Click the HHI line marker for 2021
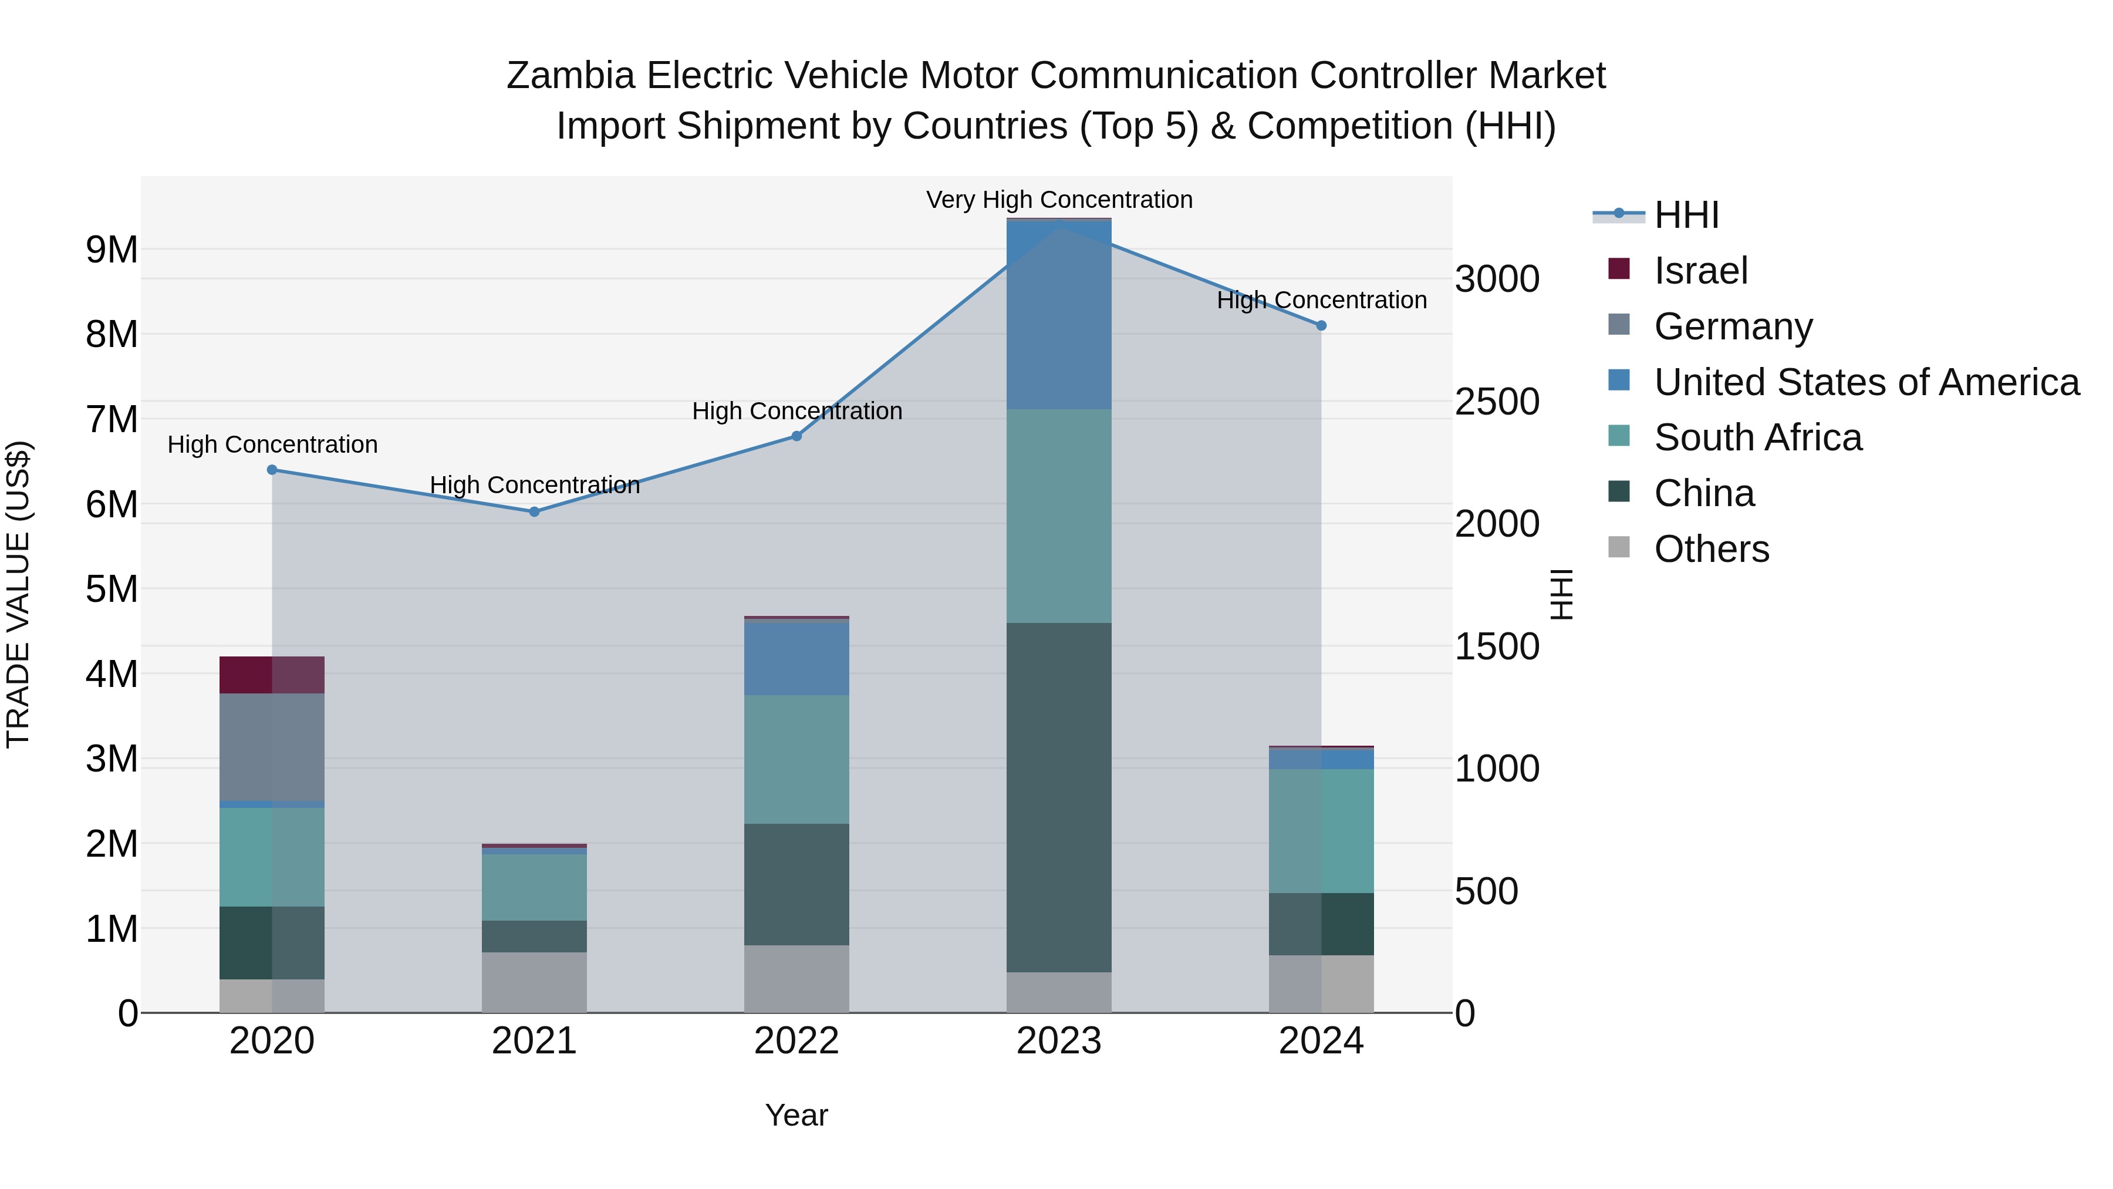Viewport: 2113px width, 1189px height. click(x=534, y=511)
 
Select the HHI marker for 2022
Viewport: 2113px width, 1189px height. click(x=796, y=436)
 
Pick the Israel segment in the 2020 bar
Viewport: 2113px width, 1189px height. click(x=272, y=675)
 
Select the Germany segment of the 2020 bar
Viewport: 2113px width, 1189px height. click(x=272, y=747)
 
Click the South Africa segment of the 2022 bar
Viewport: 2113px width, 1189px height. click(x=796, y=759)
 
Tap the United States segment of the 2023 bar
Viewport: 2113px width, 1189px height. click(x=1058, y=316)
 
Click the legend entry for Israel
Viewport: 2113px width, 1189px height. click(x=1700, y=271)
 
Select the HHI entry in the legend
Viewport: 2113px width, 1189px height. click(x=1686, y=215)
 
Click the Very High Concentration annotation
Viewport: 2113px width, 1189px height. click(x=1059, y=200)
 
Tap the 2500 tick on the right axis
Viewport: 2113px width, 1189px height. click(x=1496, y=402)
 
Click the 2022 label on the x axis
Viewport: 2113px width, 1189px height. click(x=796, y=1041)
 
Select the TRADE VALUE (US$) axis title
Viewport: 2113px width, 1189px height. click(x=18, y=594)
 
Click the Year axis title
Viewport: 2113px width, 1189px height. click(x=796, y=1115)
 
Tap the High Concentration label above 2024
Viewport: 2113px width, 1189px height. click(x=1321, y=300)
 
